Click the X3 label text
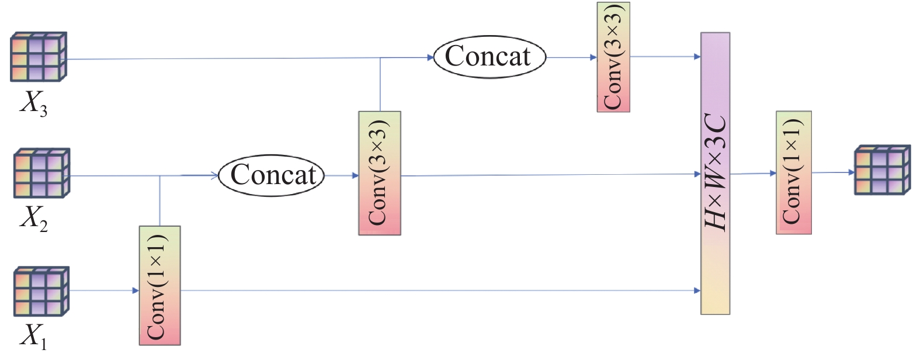click(33, 104)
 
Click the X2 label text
click(33, 219)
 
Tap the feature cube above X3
click(39, 57)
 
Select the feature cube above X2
click(41, 173)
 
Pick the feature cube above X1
click(41, 290)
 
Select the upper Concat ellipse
click(489, 57)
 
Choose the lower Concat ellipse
click(272, 175)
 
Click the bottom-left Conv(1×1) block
click(159, 285)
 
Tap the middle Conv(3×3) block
click(379, 173)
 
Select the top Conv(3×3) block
click(613, 57)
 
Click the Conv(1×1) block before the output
click(793, 173)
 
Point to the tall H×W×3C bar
click(716, 174)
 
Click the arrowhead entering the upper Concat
click(431, 57)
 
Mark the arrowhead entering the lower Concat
click(214, 174)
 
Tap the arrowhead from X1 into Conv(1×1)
click(136, 290)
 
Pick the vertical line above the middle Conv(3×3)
click(380, 84)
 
